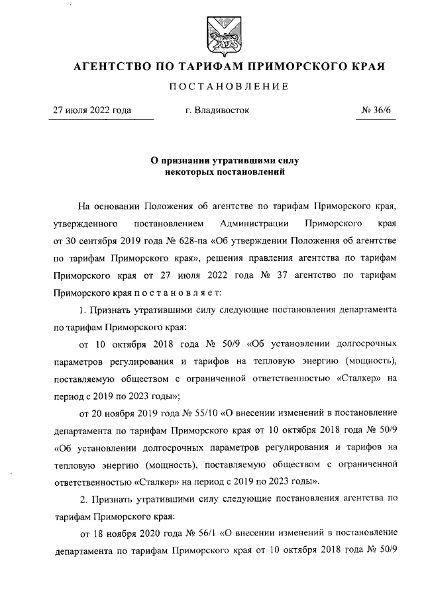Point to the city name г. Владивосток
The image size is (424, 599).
tap(218, 111)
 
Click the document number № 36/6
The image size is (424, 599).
tap(380, 111)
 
